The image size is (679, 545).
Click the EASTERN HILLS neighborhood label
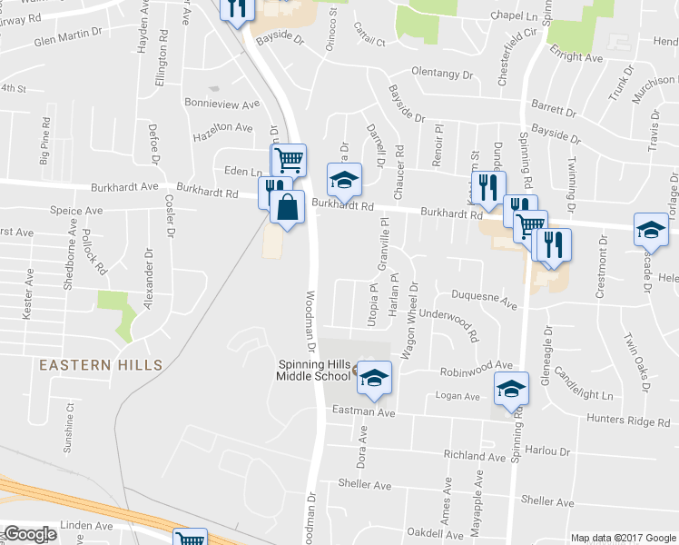pos(101,365)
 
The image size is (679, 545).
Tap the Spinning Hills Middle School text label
pos(313,371)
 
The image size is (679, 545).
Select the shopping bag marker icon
pos(287,208)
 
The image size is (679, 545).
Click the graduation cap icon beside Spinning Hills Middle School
pos(373,377)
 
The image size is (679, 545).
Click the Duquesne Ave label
pos(485,300)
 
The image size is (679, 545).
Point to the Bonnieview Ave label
pos(221,104)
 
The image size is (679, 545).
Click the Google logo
pos(30,534)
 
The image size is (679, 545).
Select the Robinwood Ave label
pos(477,367)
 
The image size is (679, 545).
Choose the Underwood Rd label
pos(449,323)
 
